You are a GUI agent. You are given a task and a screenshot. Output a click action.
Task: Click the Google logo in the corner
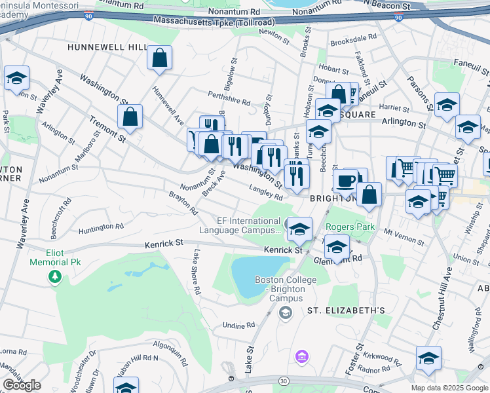22,385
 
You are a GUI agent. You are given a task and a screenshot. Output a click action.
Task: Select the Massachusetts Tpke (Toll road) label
216,22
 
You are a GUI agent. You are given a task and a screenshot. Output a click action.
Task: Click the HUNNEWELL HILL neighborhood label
107,48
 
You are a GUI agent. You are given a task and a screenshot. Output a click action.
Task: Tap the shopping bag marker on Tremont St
130,117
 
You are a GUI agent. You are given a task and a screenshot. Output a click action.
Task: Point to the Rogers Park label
350,227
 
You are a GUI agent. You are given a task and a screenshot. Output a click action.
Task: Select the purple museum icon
301,357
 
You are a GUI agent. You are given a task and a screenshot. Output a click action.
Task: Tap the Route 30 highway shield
283,381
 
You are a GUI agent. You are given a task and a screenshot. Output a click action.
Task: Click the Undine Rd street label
238,325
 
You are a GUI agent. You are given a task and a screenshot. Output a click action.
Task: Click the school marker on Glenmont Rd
337,248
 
